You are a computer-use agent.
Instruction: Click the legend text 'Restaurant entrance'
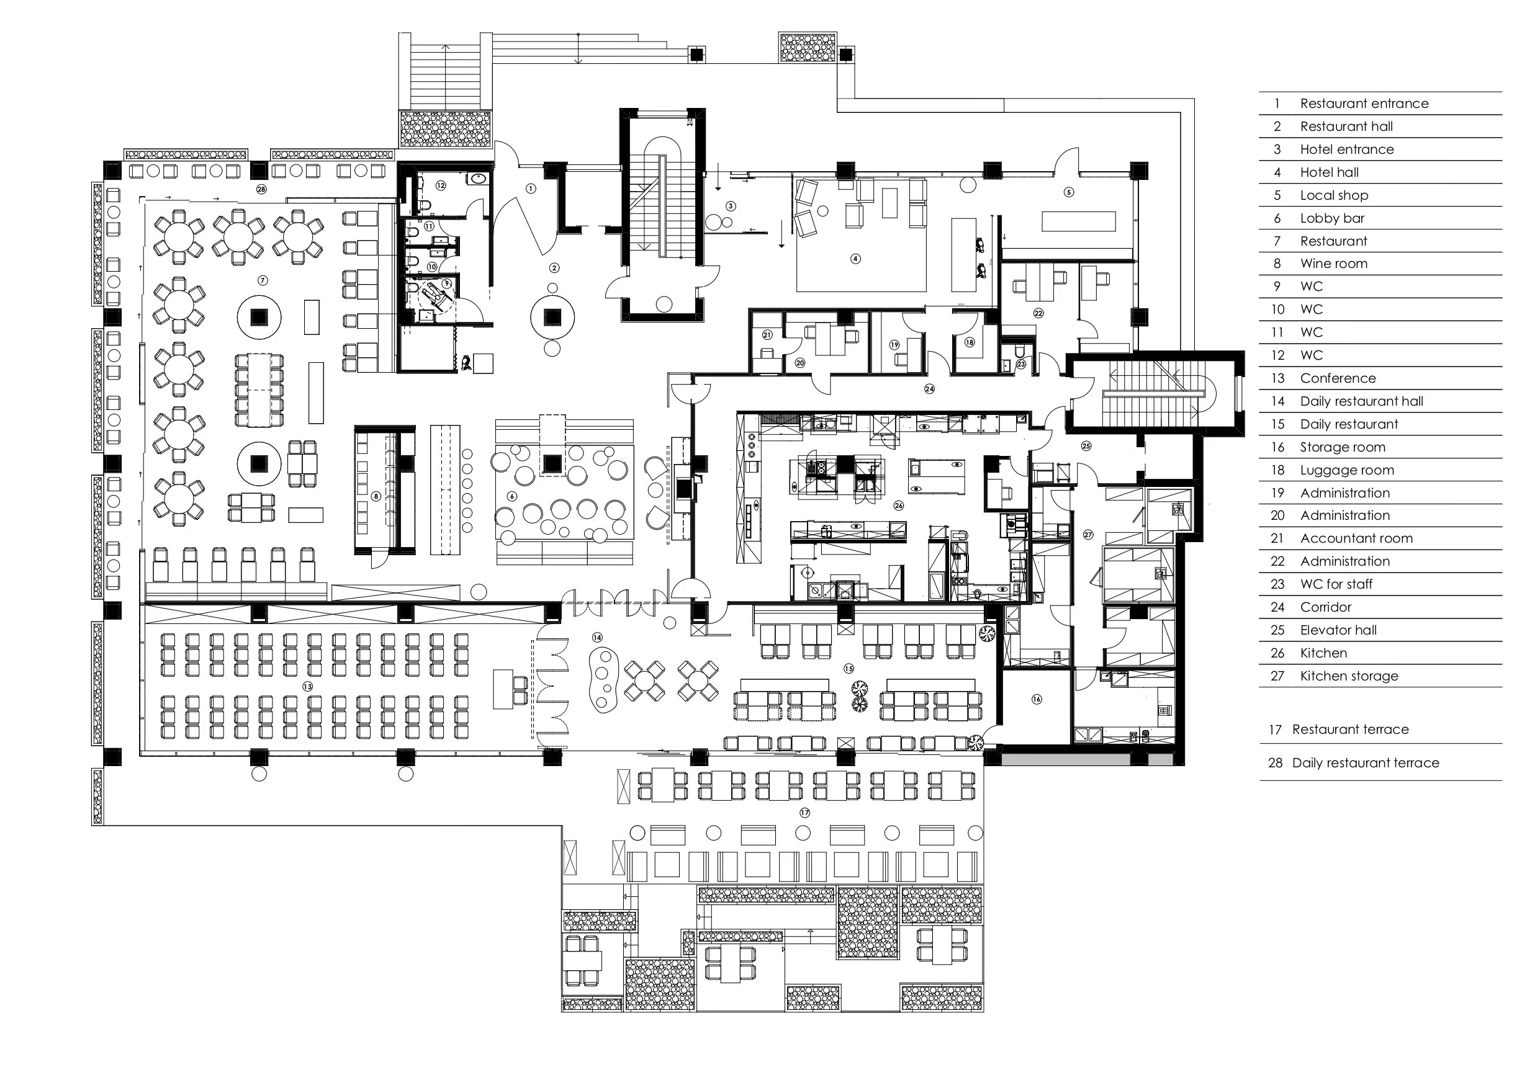(x=1364, y=103)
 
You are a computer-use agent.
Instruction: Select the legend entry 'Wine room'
(x=1333, y=264)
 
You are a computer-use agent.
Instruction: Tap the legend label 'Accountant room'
(x=1356, y=538)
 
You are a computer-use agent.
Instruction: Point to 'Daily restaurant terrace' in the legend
(x=1366, y=763)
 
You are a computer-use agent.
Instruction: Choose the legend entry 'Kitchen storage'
(x=1349, y=676)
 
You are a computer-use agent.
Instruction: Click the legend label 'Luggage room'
(x=1347, y=470)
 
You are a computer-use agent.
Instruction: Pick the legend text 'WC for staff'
(x=1336, y=584)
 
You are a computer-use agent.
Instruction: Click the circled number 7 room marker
(x=263, y=281)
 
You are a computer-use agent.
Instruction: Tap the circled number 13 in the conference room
(x=307, y=687)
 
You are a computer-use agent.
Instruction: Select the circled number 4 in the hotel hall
(x=855, y=259)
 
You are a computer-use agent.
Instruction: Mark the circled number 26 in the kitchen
(x=898, y=506)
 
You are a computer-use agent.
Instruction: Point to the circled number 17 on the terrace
(x=804, y=813)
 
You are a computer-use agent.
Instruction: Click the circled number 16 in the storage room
(x=1036, y=699)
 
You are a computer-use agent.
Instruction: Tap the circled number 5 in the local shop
(x=1068, y=192)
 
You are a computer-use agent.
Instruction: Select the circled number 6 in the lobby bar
(x=513, y=497)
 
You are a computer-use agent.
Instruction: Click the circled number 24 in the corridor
(x=929, y=389)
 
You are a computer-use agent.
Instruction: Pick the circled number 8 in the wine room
(x=376, y=497)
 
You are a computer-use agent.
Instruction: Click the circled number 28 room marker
(x=261, y=189)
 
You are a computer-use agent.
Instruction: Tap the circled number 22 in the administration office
(x=1038, y=313)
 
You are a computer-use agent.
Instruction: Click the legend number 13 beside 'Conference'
(x=1277, y=378)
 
